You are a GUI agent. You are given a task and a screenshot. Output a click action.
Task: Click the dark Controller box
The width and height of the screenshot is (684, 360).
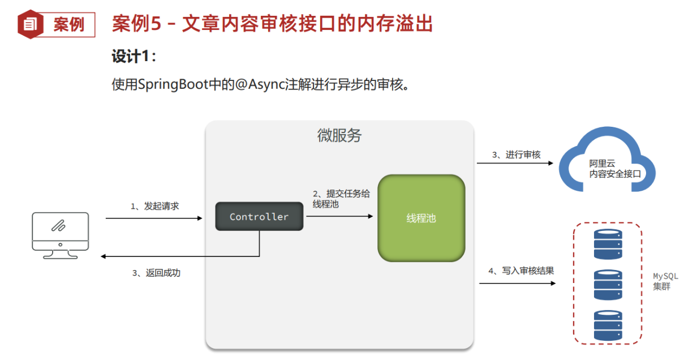pos(259,216)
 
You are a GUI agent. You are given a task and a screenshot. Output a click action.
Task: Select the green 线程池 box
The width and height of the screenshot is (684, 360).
pos(421,218)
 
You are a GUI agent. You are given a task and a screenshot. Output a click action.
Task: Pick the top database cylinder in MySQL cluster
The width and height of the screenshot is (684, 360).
pos(608,243)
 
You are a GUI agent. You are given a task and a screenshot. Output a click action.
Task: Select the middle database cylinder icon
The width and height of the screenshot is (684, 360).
pos(608,285)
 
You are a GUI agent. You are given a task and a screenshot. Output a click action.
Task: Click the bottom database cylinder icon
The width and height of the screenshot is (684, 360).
pos(608,325)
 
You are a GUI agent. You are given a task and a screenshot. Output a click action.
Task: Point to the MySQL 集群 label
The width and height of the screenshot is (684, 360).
pos(662,281)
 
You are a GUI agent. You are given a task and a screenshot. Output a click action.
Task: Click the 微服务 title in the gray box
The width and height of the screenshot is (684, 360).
pos(339,136)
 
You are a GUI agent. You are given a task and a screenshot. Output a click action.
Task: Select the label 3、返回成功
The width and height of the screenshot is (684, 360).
pos(156,273)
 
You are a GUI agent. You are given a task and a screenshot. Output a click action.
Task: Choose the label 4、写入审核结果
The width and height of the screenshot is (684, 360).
pos(520,271)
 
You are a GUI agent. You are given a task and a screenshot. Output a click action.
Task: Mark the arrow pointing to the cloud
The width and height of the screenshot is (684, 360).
pos(514,163)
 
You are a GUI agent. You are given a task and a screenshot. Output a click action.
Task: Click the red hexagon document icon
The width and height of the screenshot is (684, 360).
pos(31,24)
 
